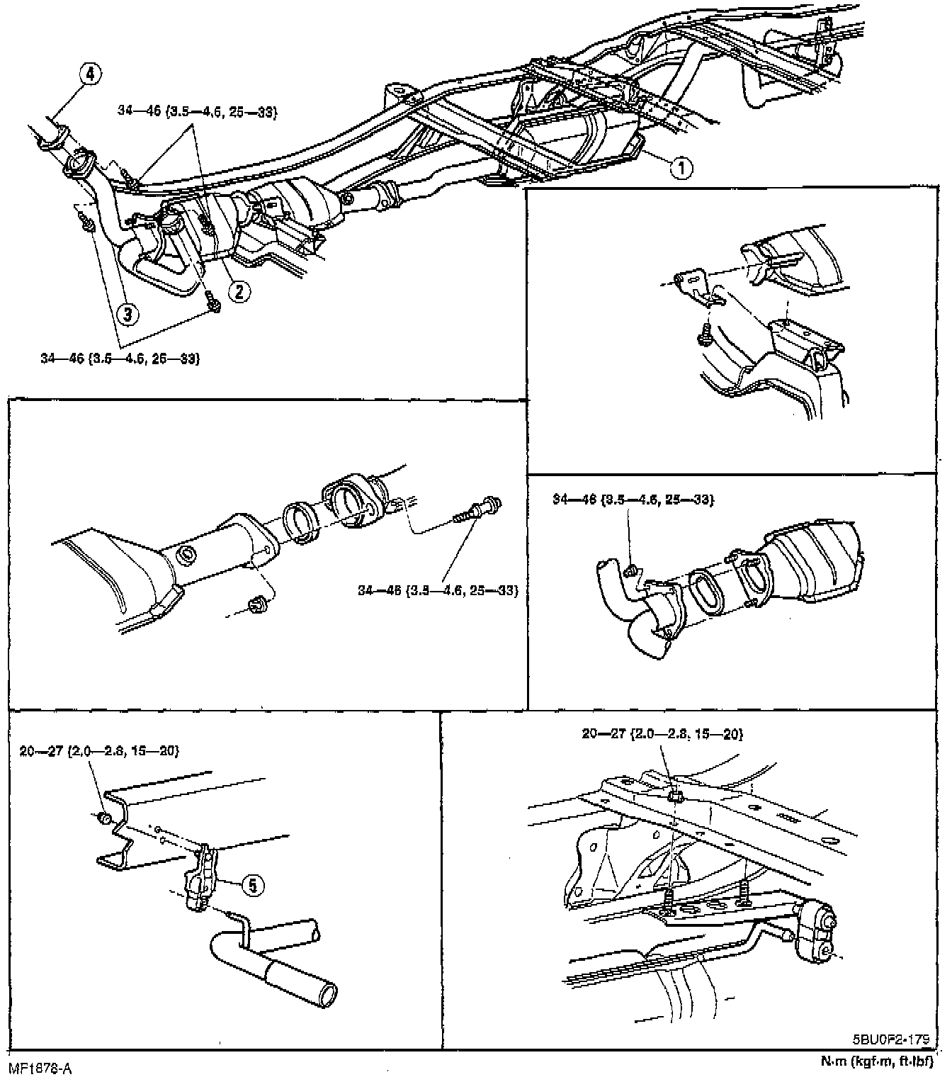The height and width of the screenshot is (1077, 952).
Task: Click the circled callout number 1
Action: coord(681,168)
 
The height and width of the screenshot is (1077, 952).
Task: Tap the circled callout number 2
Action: coord(239,290)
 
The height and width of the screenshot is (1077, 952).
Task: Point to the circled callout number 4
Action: coord(90,74)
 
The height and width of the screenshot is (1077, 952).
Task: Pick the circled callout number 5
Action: coord(253,884)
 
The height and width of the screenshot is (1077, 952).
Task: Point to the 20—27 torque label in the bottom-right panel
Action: coord(662,734)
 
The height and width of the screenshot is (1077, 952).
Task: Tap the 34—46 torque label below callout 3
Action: coord(120,359)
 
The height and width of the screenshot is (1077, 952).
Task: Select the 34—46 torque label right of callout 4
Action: coord(196,111)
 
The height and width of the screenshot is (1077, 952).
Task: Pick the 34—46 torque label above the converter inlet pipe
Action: coord(633,500)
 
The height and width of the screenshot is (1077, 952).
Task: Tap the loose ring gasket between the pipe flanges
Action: coord(300,523)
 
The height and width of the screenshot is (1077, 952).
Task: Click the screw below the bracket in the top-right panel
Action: coord(705,337)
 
